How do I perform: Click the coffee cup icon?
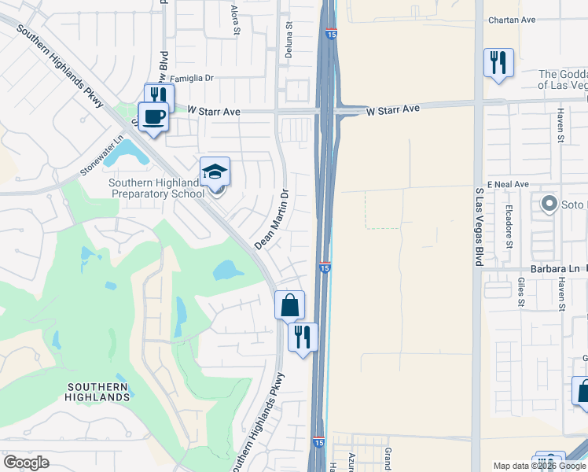coord(153,116)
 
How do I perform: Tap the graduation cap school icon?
coord(215,171)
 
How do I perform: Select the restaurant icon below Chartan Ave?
coord(498,63)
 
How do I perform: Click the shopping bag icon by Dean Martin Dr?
coord(289,304)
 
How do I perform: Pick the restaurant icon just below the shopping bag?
coord(303,337)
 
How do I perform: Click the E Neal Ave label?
coord(508,183)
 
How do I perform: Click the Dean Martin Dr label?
coord(272,219)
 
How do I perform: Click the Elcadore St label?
coord(509,226)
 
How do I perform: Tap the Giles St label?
coord(521,290)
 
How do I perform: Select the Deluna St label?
coord(288,35)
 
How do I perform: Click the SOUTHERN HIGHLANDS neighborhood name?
coord(98,392)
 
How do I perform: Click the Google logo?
coord(26,463)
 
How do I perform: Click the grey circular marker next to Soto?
coord(549,205)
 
